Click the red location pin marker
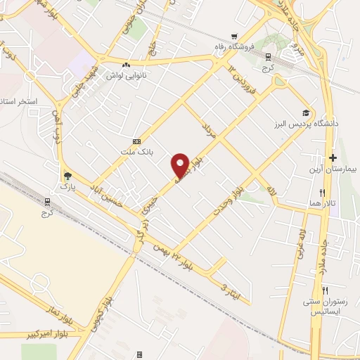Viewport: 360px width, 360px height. click(181, 165)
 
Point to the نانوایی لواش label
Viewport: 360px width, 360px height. click(125, 74)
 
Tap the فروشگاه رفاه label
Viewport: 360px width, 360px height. click(236, 48)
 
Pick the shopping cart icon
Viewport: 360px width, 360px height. click(236, 37)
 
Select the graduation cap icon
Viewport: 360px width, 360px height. click(306, 112)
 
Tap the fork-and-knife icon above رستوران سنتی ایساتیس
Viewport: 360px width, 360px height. click(325, 290)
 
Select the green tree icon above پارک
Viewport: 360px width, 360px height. click(67, 176)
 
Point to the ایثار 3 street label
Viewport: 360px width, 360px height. click(232, 290)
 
